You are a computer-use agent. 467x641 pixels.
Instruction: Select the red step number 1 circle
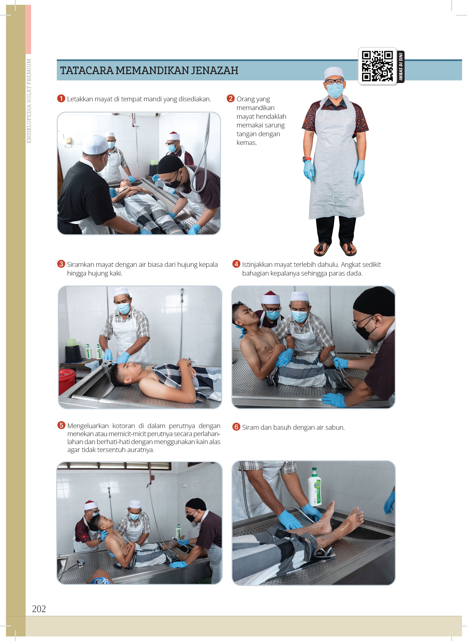point(61,99)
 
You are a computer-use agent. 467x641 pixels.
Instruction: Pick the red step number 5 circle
point(61,425)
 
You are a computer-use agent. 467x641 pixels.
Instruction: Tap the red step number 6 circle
point(236,427)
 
